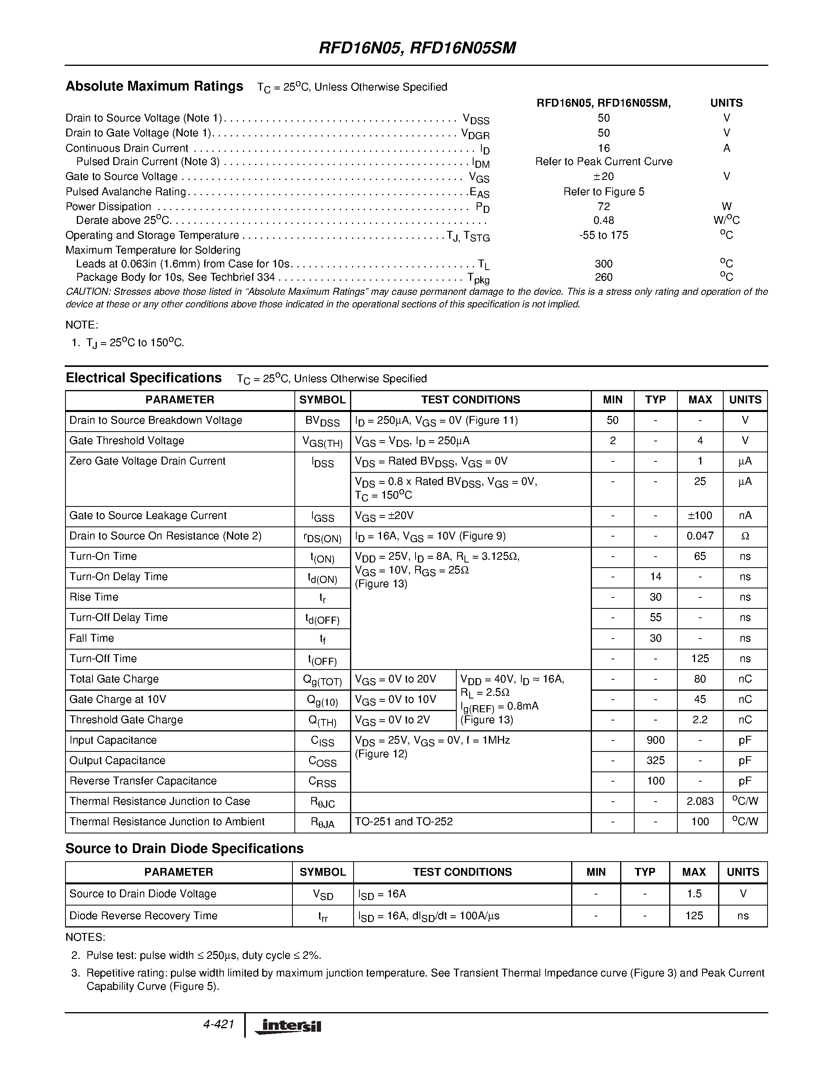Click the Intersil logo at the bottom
click(x=288, y=1026)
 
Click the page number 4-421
click(x=218, y=1024)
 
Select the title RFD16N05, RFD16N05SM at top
click(x=417, y=48)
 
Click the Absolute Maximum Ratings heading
click(x=154, y=86)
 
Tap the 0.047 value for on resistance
click(x=699, y=536)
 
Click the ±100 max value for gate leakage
click(x=699, y=516)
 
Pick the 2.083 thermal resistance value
click(x=699, y=802)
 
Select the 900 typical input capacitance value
click(x=655, y=740)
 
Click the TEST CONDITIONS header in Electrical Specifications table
click(x=470, y=400)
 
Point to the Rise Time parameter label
click(x=94, y=597)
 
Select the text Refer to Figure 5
click(x=604, y=192)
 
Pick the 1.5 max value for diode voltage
click(x=694, y=894)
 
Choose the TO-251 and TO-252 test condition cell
click(x=404, y=822)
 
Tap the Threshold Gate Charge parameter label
click(x=126, y=720)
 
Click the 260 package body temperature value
click(x=604, y=278)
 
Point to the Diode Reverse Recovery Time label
click(x=143, y=916)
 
